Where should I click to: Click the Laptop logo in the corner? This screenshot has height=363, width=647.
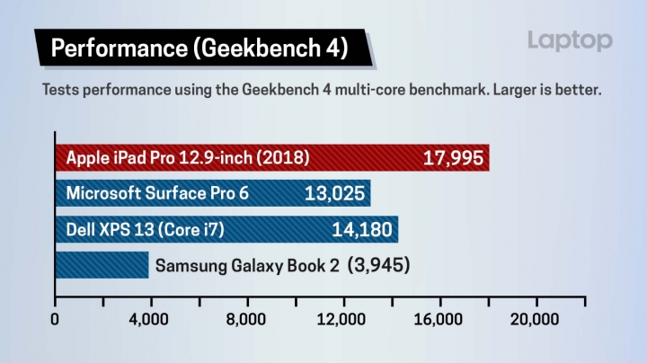click(x=570, y=40)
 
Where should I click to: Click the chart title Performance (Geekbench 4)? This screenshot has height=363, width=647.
click(x=199, y=48)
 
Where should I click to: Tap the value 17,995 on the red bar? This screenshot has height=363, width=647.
click(x=455, y=159)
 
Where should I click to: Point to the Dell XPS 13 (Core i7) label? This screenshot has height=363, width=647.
click(x=145, y=229)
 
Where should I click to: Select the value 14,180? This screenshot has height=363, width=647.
click(x=362, y=230)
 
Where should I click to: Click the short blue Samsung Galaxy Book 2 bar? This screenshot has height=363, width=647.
click(x=102, y=265)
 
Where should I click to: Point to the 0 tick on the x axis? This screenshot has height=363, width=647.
click(x=56, y=319)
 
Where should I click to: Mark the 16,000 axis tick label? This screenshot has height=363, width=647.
click(x=439, y=319)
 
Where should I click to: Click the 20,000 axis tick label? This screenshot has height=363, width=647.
click(x=536, y=319)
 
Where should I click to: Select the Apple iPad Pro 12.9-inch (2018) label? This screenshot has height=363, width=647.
click(x=188, y=159)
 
